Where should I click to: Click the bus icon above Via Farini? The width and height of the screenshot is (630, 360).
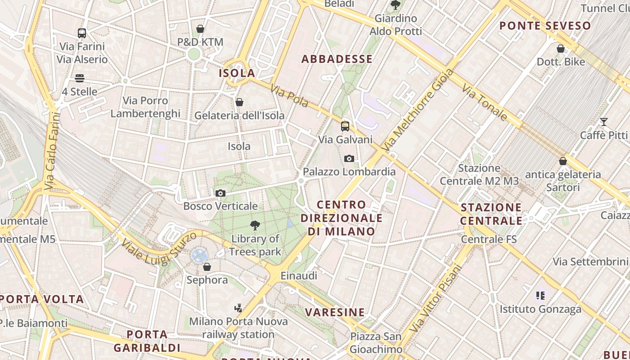pos(81,33)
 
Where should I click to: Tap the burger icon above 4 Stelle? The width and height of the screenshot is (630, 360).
pos(80,78)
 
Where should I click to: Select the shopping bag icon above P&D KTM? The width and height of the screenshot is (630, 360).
pos(200,29)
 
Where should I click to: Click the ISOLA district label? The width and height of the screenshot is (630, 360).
pos(237,73)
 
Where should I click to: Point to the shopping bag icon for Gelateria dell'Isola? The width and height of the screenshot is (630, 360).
pos(239,103)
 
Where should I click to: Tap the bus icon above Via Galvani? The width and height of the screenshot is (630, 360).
pos(345,126)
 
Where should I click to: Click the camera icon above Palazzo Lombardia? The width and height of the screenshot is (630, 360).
pos(349,158)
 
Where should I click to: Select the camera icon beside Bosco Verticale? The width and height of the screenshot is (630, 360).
pos(220,193)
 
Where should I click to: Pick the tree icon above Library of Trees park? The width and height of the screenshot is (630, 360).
pos(255,225)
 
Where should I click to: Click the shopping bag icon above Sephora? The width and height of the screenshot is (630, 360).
pos(207,267)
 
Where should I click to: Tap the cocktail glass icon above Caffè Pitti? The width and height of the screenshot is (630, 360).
pos(603,122)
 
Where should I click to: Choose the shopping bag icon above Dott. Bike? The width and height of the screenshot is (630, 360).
pos(561,49)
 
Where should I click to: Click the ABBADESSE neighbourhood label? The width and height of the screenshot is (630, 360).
pos(337,59)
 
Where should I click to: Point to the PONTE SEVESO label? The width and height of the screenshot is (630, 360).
pos(545,26)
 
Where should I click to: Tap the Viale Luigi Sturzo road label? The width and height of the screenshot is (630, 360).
pos(159,247)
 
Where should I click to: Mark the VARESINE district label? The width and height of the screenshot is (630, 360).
pos(335,312)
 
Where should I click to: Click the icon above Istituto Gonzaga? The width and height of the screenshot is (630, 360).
pos(540,296)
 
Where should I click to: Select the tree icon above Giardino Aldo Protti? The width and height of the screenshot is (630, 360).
pos(396,5)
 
